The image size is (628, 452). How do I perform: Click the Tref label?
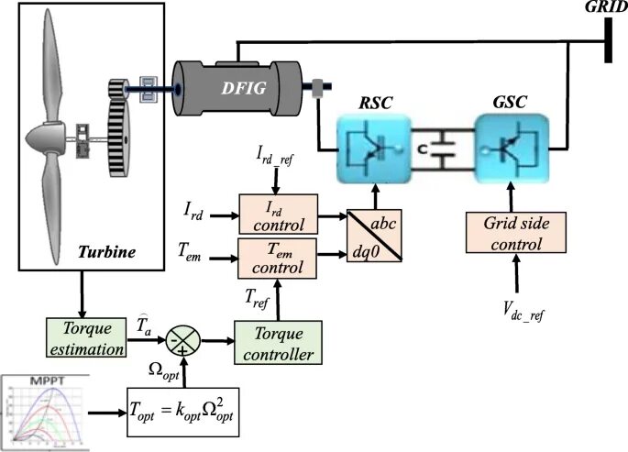coord(259,294)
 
